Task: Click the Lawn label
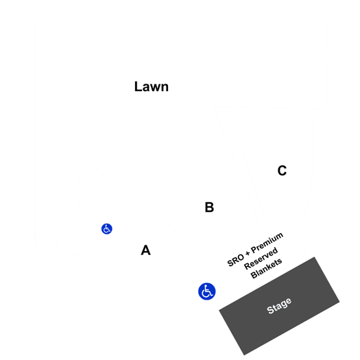tap(152, 86)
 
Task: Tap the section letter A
tap(146, 250)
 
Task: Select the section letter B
tap(209, 207)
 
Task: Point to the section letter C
tap(282, 171)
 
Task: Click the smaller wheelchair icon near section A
tap(107, 228)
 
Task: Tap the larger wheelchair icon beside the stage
tap(207, 291)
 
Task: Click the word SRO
tap(236, 261)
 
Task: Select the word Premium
tap(267, 243)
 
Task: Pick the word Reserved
tap(261, 259)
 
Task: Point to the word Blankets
tap(266, 268)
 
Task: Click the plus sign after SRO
tap(248, 254)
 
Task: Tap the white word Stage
tap(279, 306)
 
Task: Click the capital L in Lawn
tap(138, 86)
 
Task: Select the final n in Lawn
tap(165, 88)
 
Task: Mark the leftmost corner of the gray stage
tap(219, 310)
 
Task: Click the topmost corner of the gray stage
tap(314, 257)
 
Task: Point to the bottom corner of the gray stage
tap(244, 355)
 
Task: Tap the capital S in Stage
tap(270, 310)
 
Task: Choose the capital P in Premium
tap(254, 250)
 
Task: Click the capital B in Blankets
tap(254, 275)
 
